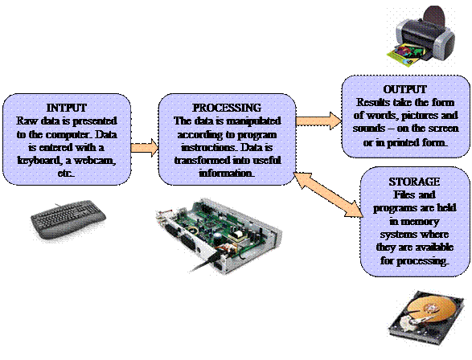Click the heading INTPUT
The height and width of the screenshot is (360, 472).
pyautogui.click(x=67, y=108)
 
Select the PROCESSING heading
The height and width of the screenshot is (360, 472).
pyautogui.click(x=227, y=108)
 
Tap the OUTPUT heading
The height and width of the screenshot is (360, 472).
pyautogui.click(x=405, y=89)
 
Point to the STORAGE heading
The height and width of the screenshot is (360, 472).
pyautogui.click(x=414, y=182)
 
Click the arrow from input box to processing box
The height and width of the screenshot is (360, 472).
pyautogui.click(x=145, y=148)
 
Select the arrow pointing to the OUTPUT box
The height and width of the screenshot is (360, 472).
pyautogui.click(x=318, y=121)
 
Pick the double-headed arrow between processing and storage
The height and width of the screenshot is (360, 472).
pyautogui.click(x=329, y=194)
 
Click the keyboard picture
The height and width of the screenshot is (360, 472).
pyautogui.click(x=68, y=219)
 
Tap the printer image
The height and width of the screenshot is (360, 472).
pyautogui.click(x=421, y=35)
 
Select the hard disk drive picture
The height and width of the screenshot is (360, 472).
pyautogui.click(x=425, y=319)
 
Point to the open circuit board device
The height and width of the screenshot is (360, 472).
pyautogui.click(x=219, y=235)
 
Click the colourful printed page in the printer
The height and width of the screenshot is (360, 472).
pyautogui.click(x=405, y=55)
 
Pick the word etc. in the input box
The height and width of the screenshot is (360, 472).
pyautogui.click(x=66, y=174)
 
